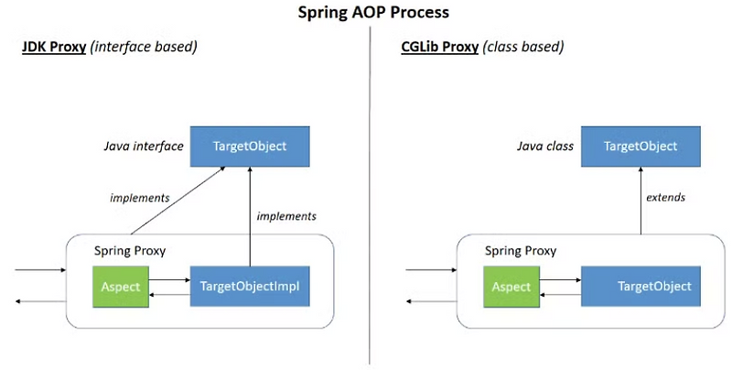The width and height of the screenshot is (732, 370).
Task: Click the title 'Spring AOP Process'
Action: coord(365,14)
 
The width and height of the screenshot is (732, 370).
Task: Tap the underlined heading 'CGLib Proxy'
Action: coord(439,47)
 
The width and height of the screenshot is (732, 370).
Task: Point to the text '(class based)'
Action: coord(523,47)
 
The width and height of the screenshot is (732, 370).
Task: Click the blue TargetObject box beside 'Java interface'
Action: coord(249,147)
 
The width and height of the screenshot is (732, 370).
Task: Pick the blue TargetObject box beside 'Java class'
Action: coord(640,147)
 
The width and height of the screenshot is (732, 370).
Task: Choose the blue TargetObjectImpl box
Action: coord(249,287)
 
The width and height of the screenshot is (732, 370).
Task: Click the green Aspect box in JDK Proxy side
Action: coord(119,287)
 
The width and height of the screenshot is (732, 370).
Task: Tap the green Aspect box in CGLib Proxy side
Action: coord(511,287)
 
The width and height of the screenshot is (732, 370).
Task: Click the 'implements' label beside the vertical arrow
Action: coord(286,216)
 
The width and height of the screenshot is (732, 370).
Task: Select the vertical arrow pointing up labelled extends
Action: coord(640,201)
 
